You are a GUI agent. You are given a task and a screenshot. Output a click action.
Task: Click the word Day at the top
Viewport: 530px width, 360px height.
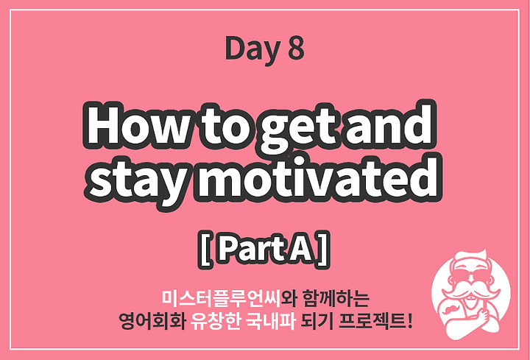click(252, 49)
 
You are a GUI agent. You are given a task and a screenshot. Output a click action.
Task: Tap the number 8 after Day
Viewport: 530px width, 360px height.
click(296, 49)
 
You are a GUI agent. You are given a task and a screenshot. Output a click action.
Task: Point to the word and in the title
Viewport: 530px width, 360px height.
click(389, 124)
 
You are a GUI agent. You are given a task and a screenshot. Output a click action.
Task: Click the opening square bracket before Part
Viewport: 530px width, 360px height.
click(205, 250)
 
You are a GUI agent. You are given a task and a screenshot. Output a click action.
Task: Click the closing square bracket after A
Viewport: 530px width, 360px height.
click(322, 250)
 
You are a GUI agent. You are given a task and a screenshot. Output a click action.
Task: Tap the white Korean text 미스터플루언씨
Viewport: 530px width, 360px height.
click(221, 297)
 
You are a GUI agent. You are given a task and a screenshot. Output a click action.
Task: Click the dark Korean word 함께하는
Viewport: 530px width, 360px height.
click(336, 297)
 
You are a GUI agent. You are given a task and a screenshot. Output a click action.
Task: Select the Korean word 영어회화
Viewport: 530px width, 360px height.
click(152, 320)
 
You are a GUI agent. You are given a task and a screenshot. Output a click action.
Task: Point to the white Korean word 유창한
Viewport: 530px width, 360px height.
click(215, 320)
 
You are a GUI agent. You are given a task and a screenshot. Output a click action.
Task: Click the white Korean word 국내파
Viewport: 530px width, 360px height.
click(270, 320)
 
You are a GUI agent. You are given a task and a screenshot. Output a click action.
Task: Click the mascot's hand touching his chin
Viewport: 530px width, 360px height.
click(483, 314)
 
